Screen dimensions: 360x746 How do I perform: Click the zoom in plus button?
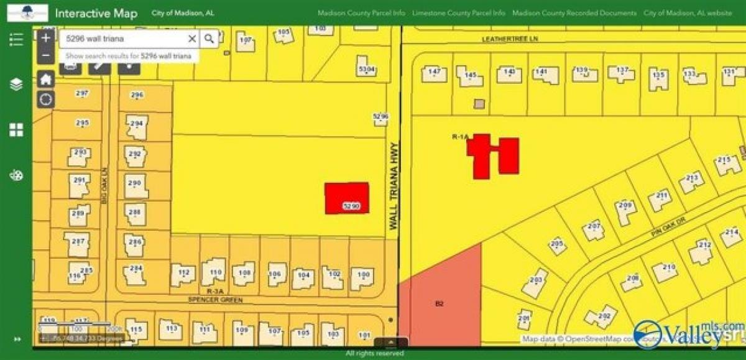tap(45, 38)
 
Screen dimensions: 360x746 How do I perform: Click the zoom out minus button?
tap(45, 55)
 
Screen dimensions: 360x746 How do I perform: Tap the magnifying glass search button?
tap(210, 39)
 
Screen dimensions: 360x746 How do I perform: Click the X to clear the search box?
tap(192, 39)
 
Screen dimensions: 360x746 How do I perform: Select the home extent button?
tap(46, 79)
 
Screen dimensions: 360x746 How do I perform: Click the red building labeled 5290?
tap(347, 198)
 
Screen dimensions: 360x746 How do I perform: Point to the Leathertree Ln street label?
tap(510, 39)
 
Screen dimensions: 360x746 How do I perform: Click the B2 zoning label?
tap(440, 303)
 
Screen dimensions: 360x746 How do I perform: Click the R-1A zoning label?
tap(460, 135)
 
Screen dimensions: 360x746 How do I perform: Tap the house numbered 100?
tap(363, 277)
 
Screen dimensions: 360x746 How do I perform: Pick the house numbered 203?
tap(536, 283)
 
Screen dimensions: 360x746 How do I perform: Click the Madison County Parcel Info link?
tap(361, 13)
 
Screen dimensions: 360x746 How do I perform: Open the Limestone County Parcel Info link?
tap(459, 13)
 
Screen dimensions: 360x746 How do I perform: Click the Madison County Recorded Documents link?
tap(574, 13)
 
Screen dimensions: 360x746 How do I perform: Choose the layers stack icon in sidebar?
tap(16, 84)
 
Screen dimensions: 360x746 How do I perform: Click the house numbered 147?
tap(435, 73)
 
